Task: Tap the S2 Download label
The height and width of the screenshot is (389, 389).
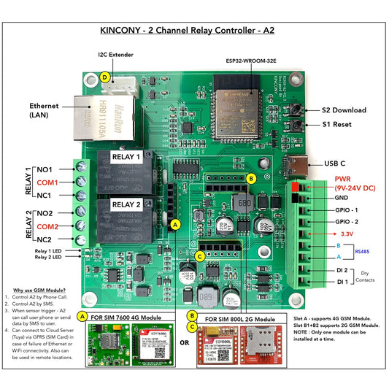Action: [349, 109]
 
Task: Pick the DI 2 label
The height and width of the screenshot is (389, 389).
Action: [342, 270]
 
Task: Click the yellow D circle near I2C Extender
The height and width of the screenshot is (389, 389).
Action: [107, 76]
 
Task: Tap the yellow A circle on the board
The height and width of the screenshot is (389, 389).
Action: [174, 226]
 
